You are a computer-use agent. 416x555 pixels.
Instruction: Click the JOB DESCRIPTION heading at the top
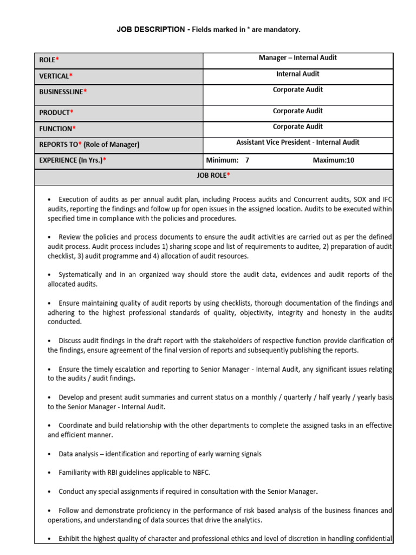151,30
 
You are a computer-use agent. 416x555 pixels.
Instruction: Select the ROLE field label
48,60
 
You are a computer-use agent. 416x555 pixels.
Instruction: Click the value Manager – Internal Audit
297,58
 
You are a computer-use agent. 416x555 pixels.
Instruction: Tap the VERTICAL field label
54,76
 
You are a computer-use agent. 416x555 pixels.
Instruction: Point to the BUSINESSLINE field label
61,92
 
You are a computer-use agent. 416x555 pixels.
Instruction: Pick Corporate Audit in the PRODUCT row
297,111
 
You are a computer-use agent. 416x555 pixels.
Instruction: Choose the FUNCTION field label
56,128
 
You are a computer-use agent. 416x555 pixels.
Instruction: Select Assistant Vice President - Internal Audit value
297,143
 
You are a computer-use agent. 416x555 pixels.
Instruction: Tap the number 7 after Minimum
247,160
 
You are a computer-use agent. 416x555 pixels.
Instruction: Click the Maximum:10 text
333,160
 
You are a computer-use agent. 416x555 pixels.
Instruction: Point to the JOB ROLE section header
213,176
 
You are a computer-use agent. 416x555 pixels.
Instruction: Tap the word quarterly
294,397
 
